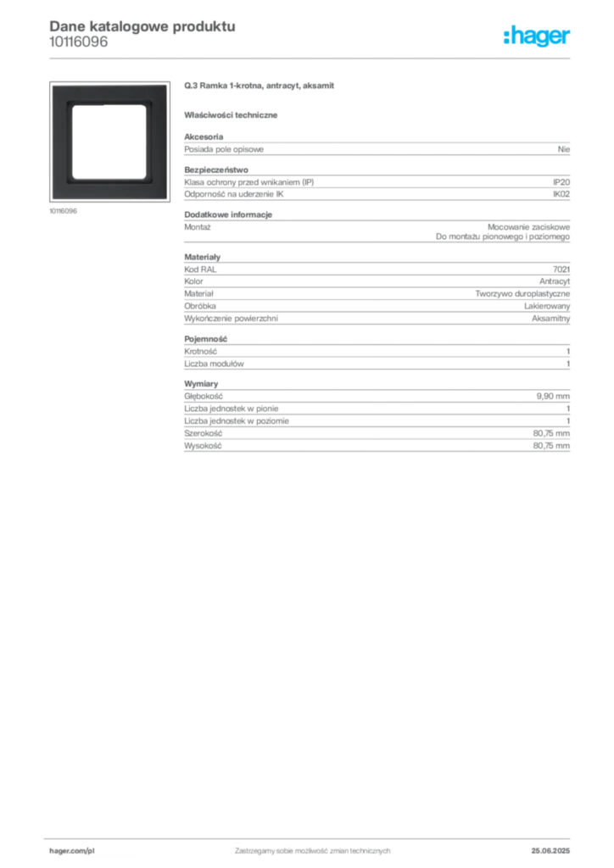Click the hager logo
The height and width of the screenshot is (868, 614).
point(537,36)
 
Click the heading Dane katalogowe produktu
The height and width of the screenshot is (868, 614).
point(142,26)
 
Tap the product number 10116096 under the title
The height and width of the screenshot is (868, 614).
point(79,42)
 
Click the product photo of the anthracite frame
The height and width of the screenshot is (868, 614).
point(109,142)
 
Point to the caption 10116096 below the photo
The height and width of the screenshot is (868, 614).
point(63,211)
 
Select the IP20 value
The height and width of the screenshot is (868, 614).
point(561,182)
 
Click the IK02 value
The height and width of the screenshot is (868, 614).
point(561,194)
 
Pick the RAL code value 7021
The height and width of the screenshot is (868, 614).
point(561,269)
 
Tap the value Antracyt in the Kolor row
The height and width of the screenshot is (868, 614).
point(554,281)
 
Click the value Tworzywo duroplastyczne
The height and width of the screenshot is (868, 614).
point(522,293)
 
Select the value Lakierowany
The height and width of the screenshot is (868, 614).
point(546,305)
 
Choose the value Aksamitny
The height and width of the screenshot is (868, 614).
point(550,319)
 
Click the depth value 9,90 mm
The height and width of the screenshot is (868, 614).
point(553,397)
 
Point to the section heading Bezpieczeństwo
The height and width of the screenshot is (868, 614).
point(216,170)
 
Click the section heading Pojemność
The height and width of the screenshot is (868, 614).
point(205,339)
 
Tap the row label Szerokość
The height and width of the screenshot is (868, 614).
point(203,433)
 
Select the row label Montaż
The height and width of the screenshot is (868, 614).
point(197,227)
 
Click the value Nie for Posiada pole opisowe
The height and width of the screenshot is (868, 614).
point(564,149)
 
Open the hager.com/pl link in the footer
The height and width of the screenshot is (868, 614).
point(72,851)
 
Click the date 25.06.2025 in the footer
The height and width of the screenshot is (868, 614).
point(550,851)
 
